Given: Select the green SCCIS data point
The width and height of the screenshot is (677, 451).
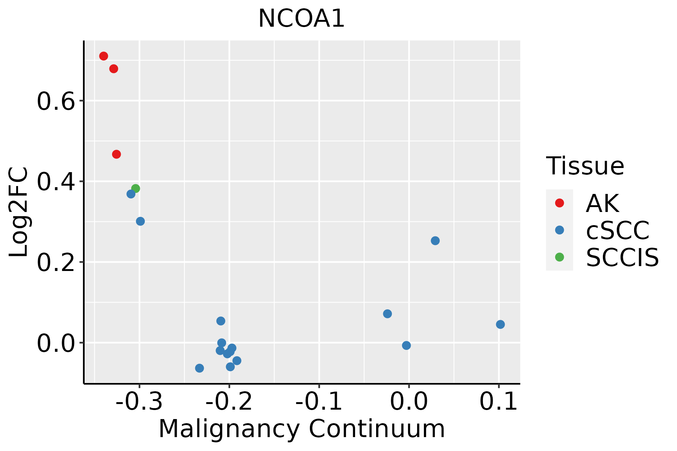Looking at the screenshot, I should [x=136, y=188].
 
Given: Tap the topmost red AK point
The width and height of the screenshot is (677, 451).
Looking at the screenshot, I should [x=103, y=56].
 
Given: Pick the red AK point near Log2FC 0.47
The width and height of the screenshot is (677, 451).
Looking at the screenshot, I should [x=117, y=154].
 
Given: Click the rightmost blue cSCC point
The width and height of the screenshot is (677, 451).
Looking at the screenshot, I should [x=500, y=324].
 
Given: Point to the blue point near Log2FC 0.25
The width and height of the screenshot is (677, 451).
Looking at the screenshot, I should [x=435, y=241].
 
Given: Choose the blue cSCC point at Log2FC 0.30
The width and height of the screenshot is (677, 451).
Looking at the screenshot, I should [x=140, y=221].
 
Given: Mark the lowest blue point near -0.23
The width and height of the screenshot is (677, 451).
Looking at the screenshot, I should [x=200, y=368].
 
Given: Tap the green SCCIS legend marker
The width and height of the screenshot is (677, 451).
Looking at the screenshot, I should [x=559, y=257].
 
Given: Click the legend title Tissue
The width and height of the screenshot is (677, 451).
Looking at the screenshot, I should [x=585, y=166].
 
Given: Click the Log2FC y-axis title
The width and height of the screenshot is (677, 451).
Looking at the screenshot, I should [x=19, y=212].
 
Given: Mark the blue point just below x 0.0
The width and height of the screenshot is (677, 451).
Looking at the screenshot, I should [x=406, y=345].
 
